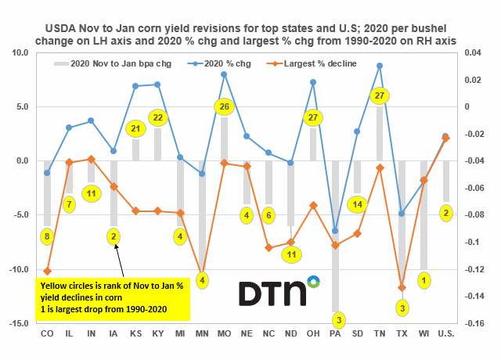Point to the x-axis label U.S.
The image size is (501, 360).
point(445,335)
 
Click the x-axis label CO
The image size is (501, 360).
point(47,335)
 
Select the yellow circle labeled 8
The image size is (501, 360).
point(46,236)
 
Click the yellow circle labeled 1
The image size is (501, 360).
point(424,279)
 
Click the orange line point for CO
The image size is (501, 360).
point(47,271)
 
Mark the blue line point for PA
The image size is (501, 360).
point(335,231)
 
